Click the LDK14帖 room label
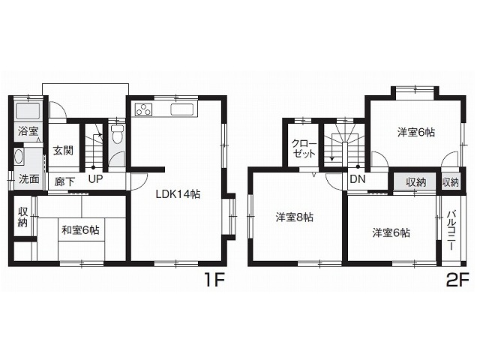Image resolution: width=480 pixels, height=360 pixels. tap(178, 194)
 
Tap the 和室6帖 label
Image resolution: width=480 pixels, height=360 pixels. tap(80, 230)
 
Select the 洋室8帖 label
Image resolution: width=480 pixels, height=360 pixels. tap(294, 217)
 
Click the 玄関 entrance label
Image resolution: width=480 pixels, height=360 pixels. tap(63, 151)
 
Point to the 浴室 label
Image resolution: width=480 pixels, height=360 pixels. tap(28, 131)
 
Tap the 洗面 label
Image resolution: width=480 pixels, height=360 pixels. tap(28, 179)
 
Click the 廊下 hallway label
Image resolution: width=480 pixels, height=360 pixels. tap(64, 181)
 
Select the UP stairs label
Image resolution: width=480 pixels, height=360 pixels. tap(95, 178)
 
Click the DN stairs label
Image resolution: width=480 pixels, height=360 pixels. tap(358, 179)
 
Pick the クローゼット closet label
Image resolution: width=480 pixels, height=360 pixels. tap(304, 148)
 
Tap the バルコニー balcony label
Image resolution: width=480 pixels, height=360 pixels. tap(450, 230)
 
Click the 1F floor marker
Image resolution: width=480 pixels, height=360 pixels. tap(214, 280)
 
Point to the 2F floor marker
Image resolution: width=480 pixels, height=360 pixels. tap(457, 280)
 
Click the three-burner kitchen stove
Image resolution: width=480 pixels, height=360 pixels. tap(143, 109)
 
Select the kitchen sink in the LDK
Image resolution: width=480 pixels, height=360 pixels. tap(181, 109)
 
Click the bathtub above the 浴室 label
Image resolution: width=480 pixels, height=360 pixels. tap(28, 111)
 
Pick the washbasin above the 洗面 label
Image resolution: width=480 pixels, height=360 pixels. tap(19, 157)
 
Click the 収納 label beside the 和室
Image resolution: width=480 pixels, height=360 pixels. tap(22, 217)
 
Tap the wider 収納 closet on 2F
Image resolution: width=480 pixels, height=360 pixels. tap(415, 182)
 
